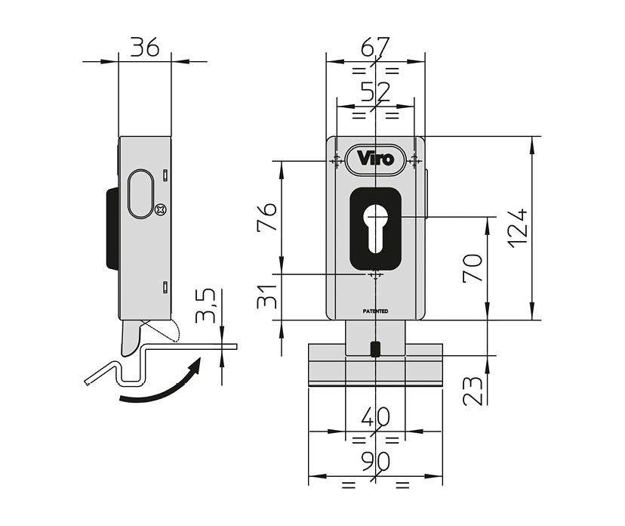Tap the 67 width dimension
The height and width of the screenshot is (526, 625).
(374, 48)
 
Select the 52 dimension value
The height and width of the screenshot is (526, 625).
(374, 92)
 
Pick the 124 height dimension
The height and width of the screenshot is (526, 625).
(519, 227)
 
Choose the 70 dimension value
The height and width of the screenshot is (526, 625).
(473, 269)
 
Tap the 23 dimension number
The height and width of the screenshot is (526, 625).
(473, 391)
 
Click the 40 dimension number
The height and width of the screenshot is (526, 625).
(374, 417)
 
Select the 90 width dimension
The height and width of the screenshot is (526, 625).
(374, 461)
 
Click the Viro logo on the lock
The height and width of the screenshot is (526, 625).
(375, 159)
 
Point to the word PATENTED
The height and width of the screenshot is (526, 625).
(374, 311)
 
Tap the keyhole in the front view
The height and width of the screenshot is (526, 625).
(375, 226)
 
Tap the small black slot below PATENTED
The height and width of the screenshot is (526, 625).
(375, 348)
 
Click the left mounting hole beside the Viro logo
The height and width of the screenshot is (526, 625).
(334, 159)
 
